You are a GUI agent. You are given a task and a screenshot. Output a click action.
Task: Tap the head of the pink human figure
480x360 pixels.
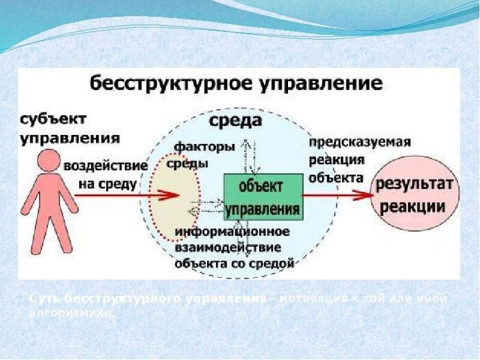click(x=49, y=163)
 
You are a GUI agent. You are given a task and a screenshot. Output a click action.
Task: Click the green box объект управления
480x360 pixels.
click(x=263, y=197)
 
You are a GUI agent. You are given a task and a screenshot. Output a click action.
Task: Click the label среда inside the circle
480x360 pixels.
click(x=235, y=121)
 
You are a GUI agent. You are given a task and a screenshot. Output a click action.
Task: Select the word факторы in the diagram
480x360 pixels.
click(x=204, y=146)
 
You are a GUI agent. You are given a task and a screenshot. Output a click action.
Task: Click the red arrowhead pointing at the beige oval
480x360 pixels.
click(x=169, y=195)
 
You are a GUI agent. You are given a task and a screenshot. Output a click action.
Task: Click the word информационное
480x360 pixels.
click(x=232, y=232)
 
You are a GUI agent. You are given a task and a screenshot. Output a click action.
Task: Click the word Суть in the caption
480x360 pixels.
click(x=43, y=299)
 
